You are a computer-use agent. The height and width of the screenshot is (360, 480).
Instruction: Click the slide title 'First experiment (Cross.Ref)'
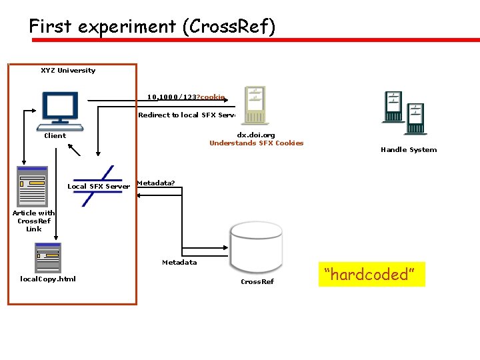coord(152,27)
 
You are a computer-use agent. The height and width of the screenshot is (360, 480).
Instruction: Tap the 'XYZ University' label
coord(68,71)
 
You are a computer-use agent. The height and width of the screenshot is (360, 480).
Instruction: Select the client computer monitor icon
coord(61,109)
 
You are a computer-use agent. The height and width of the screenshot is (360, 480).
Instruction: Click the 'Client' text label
coord(55,136)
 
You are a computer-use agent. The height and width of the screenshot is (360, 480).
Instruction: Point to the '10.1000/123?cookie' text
coord(186,97)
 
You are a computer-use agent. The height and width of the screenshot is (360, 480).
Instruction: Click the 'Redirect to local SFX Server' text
coord(187,115)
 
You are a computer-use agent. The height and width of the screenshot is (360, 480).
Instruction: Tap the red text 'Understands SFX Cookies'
coord(256,143)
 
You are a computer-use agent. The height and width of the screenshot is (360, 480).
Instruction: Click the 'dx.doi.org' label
coord(256,135)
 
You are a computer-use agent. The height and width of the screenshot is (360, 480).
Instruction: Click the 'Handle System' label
coord(409,150)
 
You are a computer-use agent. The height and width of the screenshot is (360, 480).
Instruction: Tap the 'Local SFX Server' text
coord(99,187)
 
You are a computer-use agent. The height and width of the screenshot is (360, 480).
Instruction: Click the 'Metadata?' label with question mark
coord(155,183)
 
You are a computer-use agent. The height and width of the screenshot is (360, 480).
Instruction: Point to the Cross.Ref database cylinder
coord(257,247)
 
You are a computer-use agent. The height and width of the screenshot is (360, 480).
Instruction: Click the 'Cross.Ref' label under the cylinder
coord(257,282)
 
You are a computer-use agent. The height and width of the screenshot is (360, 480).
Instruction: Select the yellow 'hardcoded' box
coord(371,274)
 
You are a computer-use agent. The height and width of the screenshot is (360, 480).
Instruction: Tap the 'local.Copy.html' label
coord(48,279)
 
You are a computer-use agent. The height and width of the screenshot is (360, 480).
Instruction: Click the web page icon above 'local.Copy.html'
coord(48,257)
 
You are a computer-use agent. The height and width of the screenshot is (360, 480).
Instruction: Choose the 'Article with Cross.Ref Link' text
coord(33,221)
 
